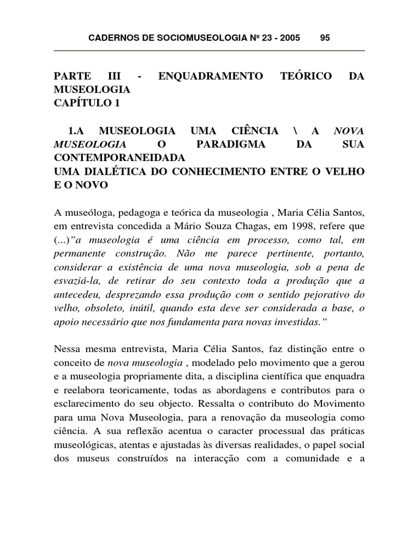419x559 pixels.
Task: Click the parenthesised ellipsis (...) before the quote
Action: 61,240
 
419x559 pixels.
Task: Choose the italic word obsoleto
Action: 103,308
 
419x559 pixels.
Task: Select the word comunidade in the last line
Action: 317,459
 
